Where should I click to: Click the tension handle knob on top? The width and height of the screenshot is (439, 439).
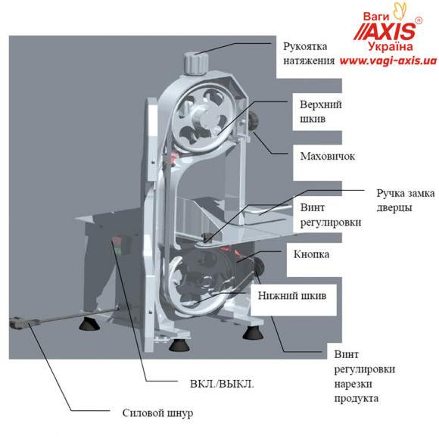point(196,64)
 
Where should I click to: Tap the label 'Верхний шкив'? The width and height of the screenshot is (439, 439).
point(321,111)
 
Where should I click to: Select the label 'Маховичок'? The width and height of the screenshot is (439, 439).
point(328,156)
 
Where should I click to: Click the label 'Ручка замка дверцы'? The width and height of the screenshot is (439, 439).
point(406,200)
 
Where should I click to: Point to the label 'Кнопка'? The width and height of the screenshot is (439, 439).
point(311,254)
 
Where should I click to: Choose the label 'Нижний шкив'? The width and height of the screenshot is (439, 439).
point(292,296)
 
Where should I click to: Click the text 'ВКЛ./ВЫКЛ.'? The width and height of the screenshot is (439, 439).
point(222,384)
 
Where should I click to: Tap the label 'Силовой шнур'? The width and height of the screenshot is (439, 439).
point(157,413)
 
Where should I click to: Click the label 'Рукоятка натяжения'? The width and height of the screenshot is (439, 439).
point(309,54)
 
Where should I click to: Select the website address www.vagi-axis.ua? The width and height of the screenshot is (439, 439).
point(388,61)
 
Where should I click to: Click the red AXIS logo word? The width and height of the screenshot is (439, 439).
point(385,32)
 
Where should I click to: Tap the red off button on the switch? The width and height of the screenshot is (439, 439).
point(117,241)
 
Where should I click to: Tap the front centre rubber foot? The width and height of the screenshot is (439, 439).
point(179,345)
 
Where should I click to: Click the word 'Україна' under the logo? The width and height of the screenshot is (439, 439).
point(391,46)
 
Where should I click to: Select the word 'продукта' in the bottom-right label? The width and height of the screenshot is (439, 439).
point(356,398)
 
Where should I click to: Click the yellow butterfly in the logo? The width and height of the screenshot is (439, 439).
point(400,11)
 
